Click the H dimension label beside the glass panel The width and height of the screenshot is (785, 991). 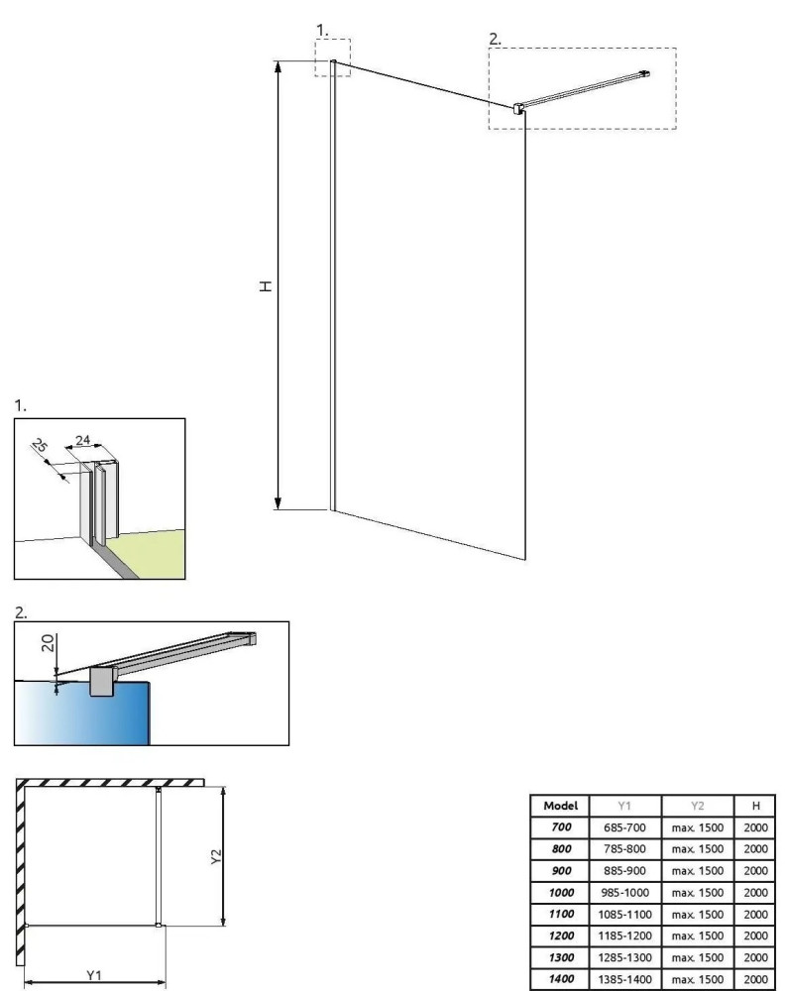[265, 285]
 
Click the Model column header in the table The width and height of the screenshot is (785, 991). [561, 806]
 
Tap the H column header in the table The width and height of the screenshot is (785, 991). [756, 806]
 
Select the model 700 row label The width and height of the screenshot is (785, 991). [561, 826]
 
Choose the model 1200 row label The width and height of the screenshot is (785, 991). [561, 936]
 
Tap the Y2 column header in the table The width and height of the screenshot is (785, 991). [698, 806]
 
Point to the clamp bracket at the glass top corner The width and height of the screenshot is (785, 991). [517, 108]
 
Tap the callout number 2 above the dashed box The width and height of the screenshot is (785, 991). [496, 39]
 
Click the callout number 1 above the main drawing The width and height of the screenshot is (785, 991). [322, 30]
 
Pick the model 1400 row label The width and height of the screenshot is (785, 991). [561, 979]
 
